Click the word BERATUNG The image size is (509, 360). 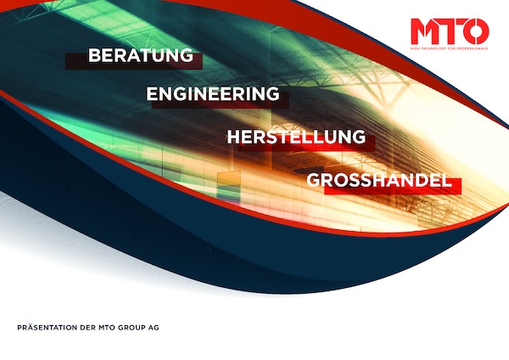(141, 55)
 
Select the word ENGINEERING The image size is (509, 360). (213, 94)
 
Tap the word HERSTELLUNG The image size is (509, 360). (296, 137)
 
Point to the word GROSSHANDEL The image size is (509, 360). (379, 180)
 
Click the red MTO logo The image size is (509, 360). (450, 33)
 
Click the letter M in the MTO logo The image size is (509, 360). (425, 31)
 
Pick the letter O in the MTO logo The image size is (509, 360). (476, 31)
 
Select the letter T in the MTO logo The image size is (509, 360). (451, 31)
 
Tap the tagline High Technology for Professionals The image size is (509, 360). (449, 48)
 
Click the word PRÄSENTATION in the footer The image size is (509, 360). (47, 328)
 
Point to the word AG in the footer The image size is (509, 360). (154, 328)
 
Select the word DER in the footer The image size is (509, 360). (87, 328)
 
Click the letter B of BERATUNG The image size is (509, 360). (94, 55)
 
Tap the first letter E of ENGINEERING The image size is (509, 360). (152, 94)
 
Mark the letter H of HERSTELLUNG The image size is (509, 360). (233, 137)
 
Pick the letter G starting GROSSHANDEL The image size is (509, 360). (314, 180)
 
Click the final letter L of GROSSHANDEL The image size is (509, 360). (447, 180)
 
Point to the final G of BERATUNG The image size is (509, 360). (187, 55)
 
